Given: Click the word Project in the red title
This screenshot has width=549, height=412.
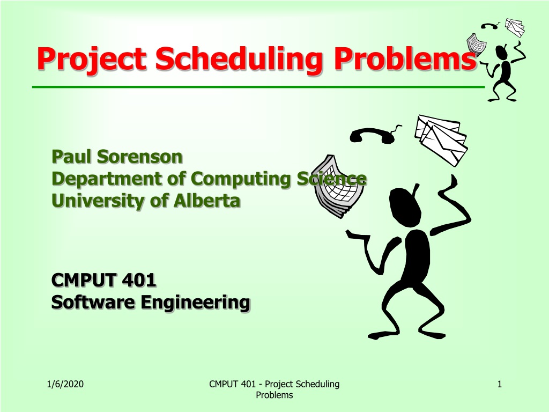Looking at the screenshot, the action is pos(91,59).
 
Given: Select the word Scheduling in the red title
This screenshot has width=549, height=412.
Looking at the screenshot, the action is pos(239,59).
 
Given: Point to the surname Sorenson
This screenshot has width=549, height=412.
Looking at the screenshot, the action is pos(140,157).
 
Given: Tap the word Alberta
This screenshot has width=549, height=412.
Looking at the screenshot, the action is pos(207,201).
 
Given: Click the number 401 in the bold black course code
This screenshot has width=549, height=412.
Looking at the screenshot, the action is pos(139,280).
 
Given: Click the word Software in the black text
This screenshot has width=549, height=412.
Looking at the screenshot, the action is pos(93,302).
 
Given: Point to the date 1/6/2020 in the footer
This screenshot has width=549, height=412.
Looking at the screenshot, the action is pos(65,384).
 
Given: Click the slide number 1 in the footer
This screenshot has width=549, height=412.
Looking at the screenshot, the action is pos(500,384).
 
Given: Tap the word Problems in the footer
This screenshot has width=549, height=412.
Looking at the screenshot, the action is pos(274,395).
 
